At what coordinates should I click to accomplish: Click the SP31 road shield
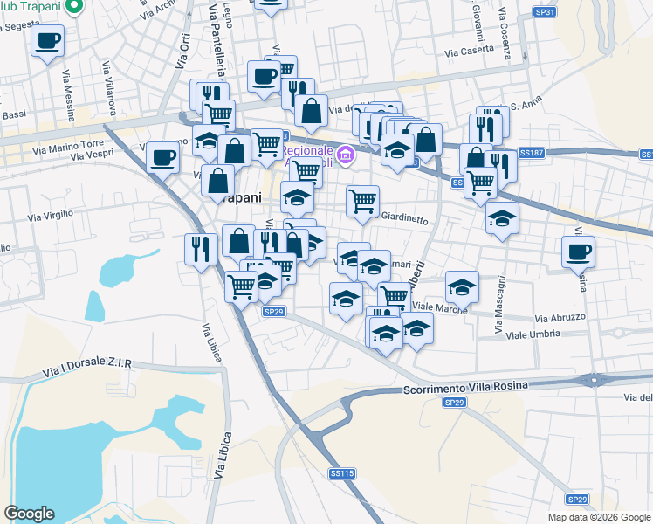pyautogui.click(x=544, y=10)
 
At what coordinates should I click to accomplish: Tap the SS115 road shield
pyautogui.click(x=342, y=473)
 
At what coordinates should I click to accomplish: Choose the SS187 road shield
pyautogui.click(x=531, y=153)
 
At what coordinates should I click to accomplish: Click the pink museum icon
pyautogui.click(x=347, y=155)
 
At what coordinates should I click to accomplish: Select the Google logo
pyautogui.click(x=29, y=514)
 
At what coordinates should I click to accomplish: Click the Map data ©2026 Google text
pyautogui.click(x=599, y=517)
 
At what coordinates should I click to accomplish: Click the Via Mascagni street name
pyautogui.click(x=500, y=306)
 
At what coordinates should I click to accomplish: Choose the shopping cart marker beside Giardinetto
pyautogui.click(x=362, y=201)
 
